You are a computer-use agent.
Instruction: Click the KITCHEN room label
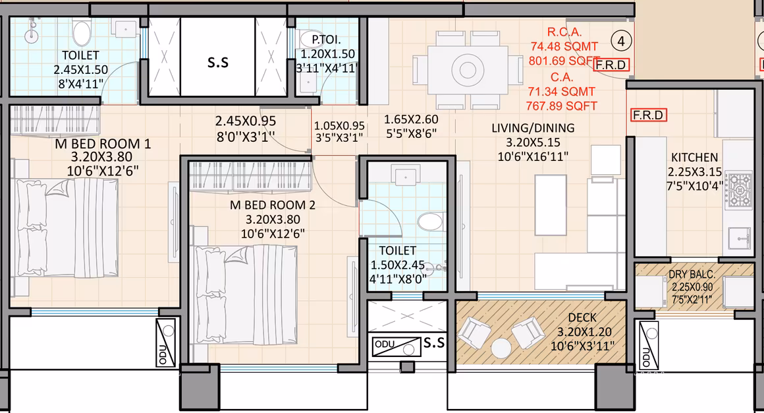click(x=694, y=158)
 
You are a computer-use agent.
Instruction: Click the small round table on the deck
click(x=502, y=347)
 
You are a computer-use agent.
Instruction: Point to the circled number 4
click(x=620, y=41)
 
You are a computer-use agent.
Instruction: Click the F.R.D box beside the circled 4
click(x=612, y=65)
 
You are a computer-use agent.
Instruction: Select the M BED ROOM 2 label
click(x=272, y=205)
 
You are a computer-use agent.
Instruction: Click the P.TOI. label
click(x=327, y=40)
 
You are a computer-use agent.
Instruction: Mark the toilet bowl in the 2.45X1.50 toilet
click(x=82, y=33)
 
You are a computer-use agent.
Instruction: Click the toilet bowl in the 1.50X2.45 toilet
click(x=432, y=221)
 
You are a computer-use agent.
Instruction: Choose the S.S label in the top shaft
click(x=218, y=63)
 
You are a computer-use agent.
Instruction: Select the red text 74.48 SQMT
click(x=564, y=46)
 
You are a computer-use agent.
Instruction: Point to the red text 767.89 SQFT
click(x=561, y=106)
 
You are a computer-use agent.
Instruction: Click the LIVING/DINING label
click(x=533, y=128)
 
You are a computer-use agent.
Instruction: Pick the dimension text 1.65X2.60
click(x=412, y=120)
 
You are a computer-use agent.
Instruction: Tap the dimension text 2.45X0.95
click(x=245, y=121)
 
